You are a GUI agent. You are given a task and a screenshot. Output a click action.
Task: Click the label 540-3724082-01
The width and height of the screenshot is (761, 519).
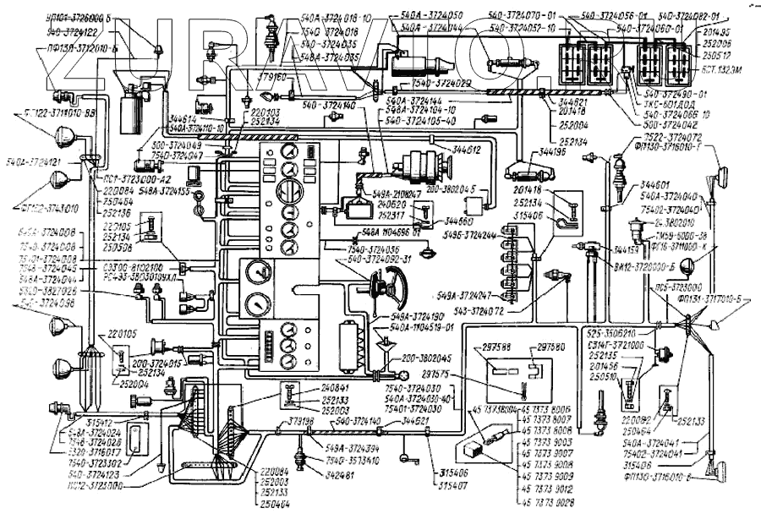click(687, 15)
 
